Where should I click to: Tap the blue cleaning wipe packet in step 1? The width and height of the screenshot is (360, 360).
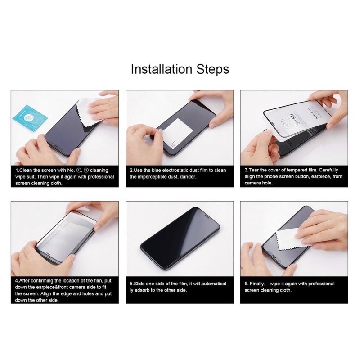[30, 118]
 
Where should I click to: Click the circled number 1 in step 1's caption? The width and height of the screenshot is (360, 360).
[79, 171]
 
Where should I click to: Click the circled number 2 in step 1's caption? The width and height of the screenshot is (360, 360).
[86, 171]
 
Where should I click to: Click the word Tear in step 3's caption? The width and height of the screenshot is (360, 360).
[254, 170]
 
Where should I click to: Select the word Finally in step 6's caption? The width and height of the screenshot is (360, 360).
[257, 284]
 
